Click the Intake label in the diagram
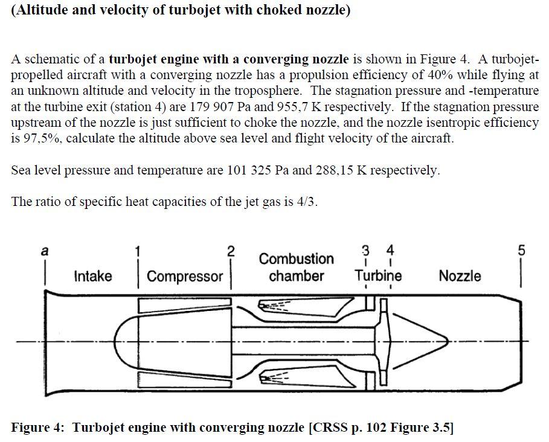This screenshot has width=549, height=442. point(92,276)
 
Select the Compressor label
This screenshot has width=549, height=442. point(185,277)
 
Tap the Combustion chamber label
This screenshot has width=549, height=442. point(296,267)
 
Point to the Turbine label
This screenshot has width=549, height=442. point(377,276)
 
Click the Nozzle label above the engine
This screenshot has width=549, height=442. point(460,276)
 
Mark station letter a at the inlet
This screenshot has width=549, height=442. point(43,251)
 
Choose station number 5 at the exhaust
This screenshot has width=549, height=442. point(522,250)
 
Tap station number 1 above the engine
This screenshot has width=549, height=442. point(138,250)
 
